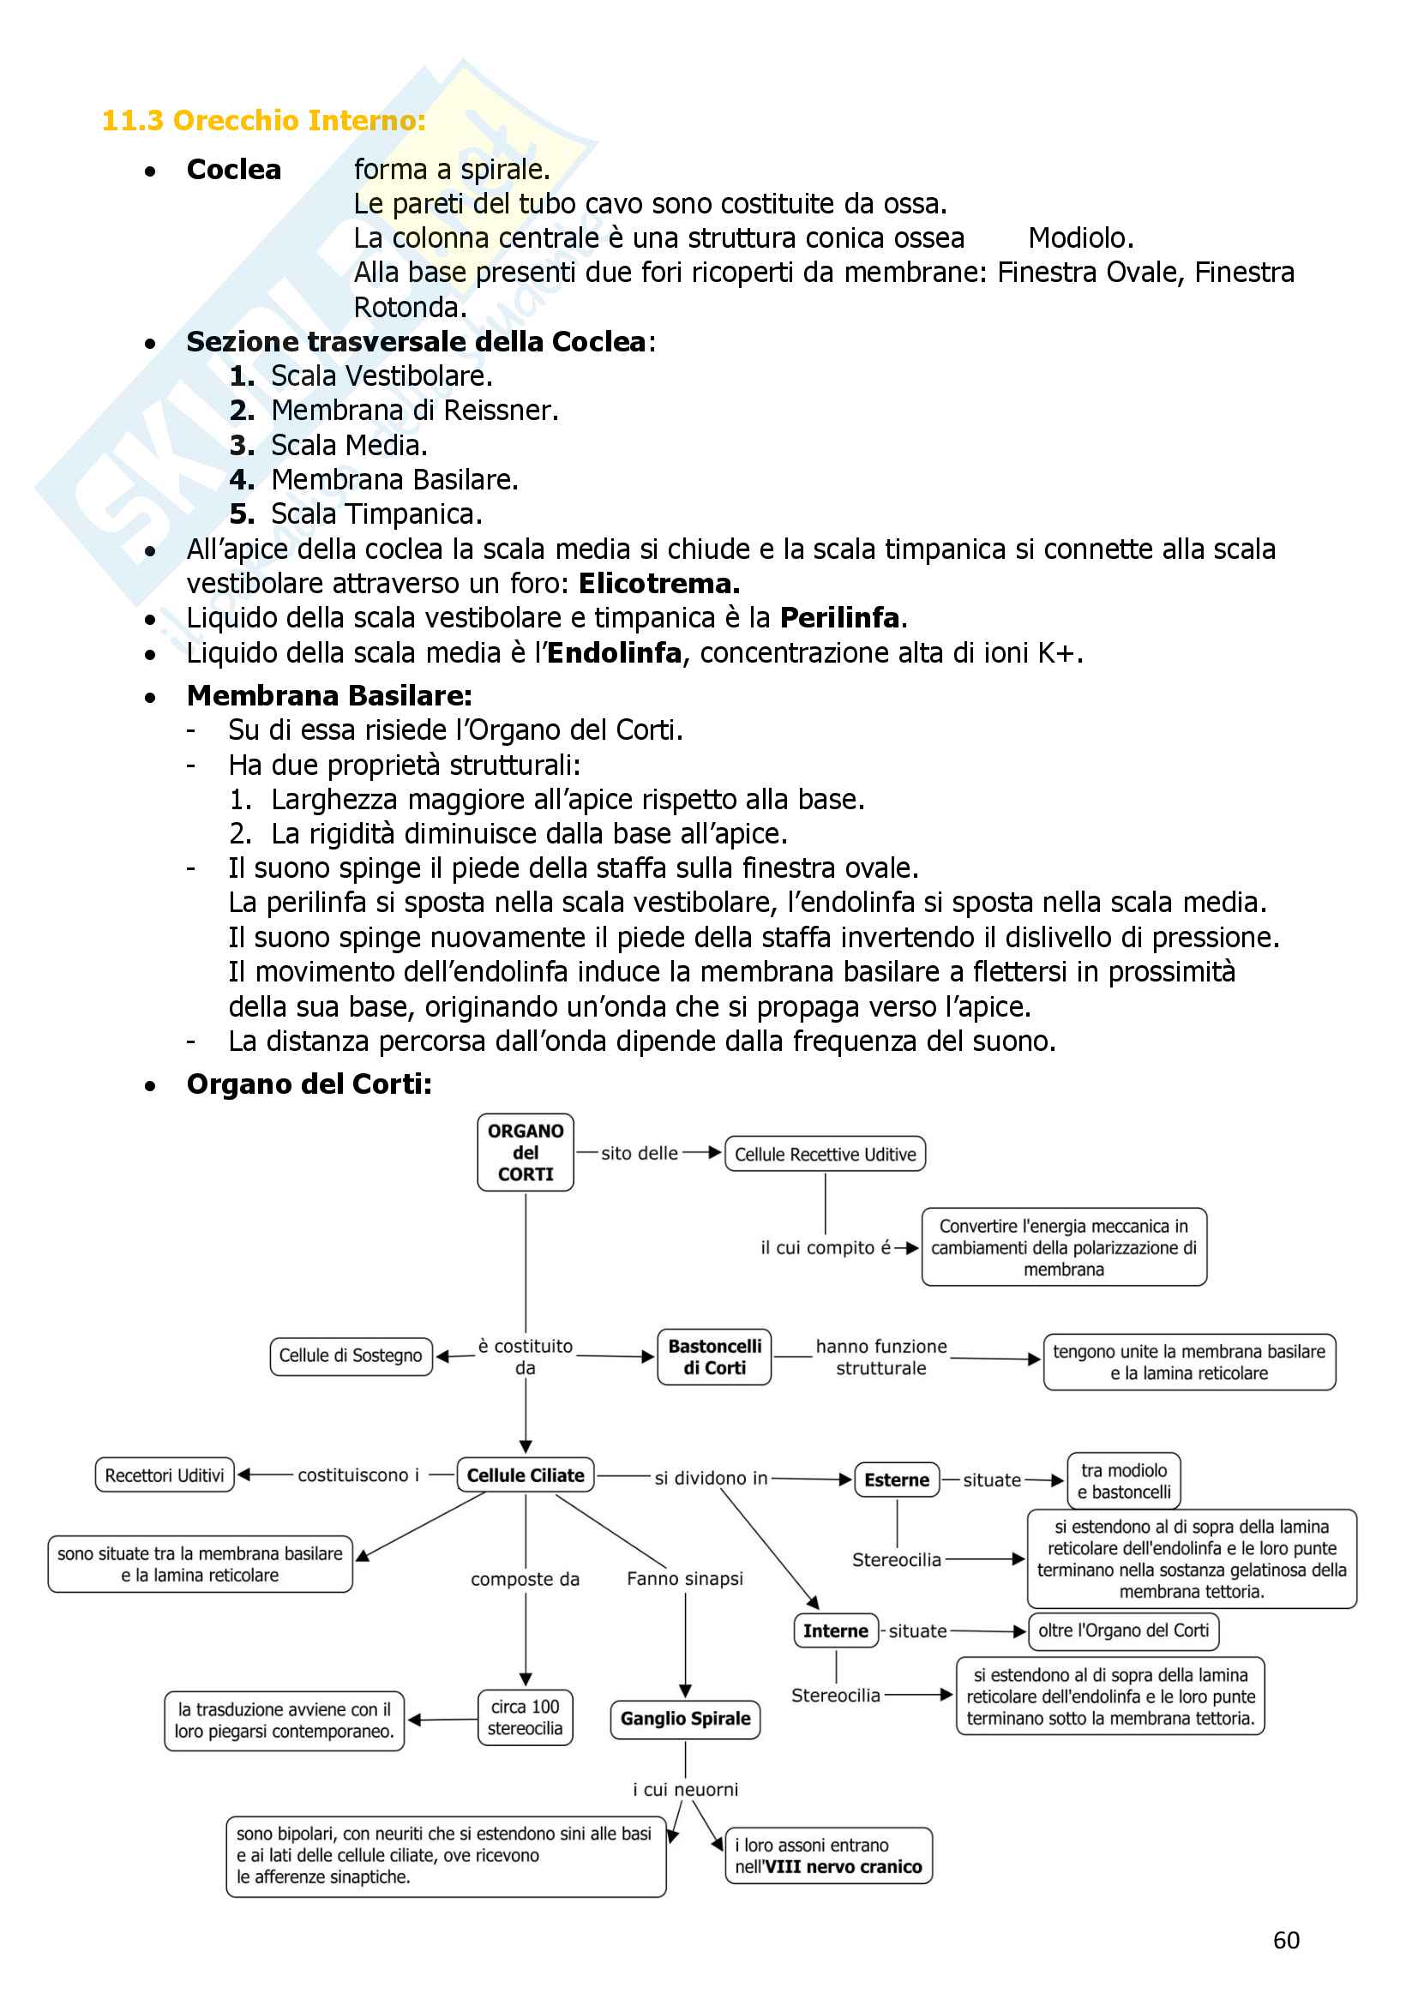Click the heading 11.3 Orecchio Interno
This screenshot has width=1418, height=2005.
[264, 121]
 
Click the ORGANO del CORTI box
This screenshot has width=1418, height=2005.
[525, 1152]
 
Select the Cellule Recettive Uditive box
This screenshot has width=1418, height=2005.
[824, 1154]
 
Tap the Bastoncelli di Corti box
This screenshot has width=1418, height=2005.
[713, 1357]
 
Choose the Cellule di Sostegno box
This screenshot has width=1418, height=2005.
[350, 1355]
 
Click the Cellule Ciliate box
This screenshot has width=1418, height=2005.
[525, 1475]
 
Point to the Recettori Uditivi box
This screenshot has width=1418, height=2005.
[164, 1475]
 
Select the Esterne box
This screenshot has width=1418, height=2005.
[896, 1480]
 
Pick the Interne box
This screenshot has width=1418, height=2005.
[835, 1630]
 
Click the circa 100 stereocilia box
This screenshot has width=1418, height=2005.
[525, 1717]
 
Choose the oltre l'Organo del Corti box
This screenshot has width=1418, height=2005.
[1123, 1630]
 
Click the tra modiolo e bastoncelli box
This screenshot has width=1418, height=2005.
[1124, 1480]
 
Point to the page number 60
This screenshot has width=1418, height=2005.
[1286, 1941]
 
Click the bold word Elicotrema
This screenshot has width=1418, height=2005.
[658, 584]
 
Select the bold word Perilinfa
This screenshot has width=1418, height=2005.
[839, 618]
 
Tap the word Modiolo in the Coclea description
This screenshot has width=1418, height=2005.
[1079, 238]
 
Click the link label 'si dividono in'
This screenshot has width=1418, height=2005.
[711, 1478]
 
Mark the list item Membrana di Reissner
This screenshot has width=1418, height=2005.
[414, 411]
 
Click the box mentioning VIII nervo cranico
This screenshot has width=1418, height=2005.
[828, 1856]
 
